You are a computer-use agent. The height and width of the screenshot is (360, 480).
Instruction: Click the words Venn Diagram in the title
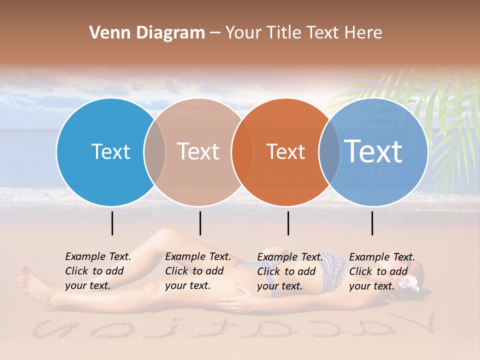pyautogui.click(x=147, y=33)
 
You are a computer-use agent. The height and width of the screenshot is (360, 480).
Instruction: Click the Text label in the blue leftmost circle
pyautogui.click(x=110, y=151)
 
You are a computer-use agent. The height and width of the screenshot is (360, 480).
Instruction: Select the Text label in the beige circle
pyautogui.click(x=198, y=151)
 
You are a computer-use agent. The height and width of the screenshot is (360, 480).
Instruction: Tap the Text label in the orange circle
pyautogui.click(x=285, y=151)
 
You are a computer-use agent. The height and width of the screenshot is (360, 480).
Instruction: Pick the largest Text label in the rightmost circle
pyautogui.click(x=373, y=151)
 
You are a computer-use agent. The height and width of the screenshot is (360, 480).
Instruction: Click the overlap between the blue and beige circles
pyautogui.click(x=154, y=152)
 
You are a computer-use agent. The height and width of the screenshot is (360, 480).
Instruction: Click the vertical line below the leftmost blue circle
pyautogui.click(x=112, y=223)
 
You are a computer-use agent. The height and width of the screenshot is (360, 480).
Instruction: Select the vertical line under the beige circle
pyautogui.click(x=200, y=223)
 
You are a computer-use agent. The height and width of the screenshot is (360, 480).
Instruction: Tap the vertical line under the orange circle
pyautogui.click(x=288, y=223)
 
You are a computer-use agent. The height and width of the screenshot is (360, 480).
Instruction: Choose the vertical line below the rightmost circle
pyautogui.click(x=372, y=223)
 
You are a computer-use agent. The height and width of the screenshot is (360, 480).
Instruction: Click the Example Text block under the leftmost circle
pyautogui.click(x=97, y=271)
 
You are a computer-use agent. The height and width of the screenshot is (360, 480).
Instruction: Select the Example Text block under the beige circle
pyautogui.click(x=197, y=271)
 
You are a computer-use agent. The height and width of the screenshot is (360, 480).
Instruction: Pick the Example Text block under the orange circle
pyautogui.click(x=289, y=271)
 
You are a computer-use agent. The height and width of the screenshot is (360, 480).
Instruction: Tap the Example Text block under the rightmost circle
pyautogui.click(x=381, y=271)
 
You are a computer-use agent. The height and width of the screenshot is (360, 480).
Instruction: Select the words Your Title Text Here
pyautogui.click(x=303, y=33)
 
